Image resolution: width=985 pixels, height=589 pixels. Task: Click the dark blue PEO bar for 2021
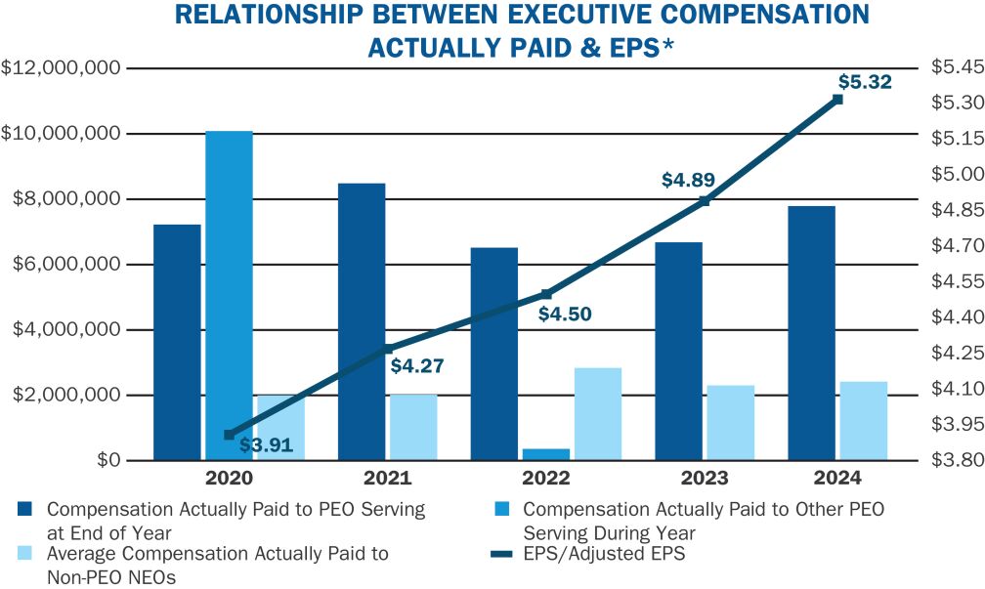[x=361, y=321]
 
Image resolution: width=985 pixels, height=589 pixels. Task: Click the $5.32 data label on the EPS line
[x=866, y=83]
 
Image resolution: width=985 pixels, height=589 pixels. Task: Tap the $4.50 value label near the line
[x=565, y=315]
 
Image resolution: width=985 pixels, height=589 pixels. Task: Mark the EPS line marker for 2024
[x=837, y=99]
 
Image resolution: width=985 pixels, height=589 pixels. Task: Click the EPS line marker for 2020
[x=229, y=435]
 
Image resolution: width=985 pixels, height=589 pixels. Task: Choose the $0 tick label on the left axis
[x=107, y=460]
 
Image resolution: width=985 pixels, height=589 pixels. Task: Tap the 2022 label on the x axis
[x=545, y=479]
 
